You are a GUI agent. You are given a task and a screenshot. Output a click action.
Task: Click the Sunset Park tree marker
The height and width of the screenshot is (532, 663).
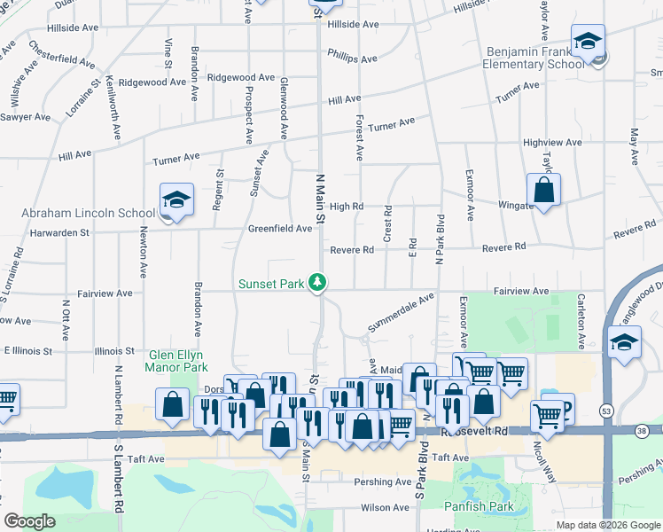317,284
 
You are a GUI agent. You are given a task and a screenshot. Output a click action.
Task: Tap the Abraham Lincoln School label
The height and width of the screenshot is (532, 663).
88,214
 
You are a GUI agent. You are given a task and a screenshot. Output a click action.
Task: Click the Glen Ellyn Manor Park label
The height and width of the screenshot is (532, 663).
177,361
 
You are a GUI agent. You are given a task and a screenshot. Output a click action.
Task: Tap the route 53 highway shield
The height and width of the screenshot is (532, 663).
605,411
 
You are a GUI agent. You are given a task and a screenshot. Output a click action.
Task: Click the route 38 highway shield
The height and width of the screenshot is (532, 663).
641,430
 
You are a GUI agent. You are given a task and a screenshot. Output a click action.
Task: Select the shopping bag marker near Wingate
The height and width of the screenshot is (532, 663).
543,190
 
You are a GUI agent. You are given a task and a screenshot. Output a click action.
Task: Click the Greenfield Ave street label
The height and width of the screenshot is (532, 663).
279,229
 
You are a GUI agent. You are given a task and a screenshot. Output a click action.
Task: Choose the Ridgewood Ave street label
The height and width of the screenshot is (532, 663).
152,82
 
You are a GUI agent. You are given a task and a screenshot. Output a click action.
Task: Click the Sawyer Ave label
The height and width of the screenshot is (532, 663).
25,117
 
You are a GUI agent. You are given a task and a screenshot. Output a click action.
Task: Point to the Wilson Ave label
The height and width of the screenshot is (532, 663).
384,508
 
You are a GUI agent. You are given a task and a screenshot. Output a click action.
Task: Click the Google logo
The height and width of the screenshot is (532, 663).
29,521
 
